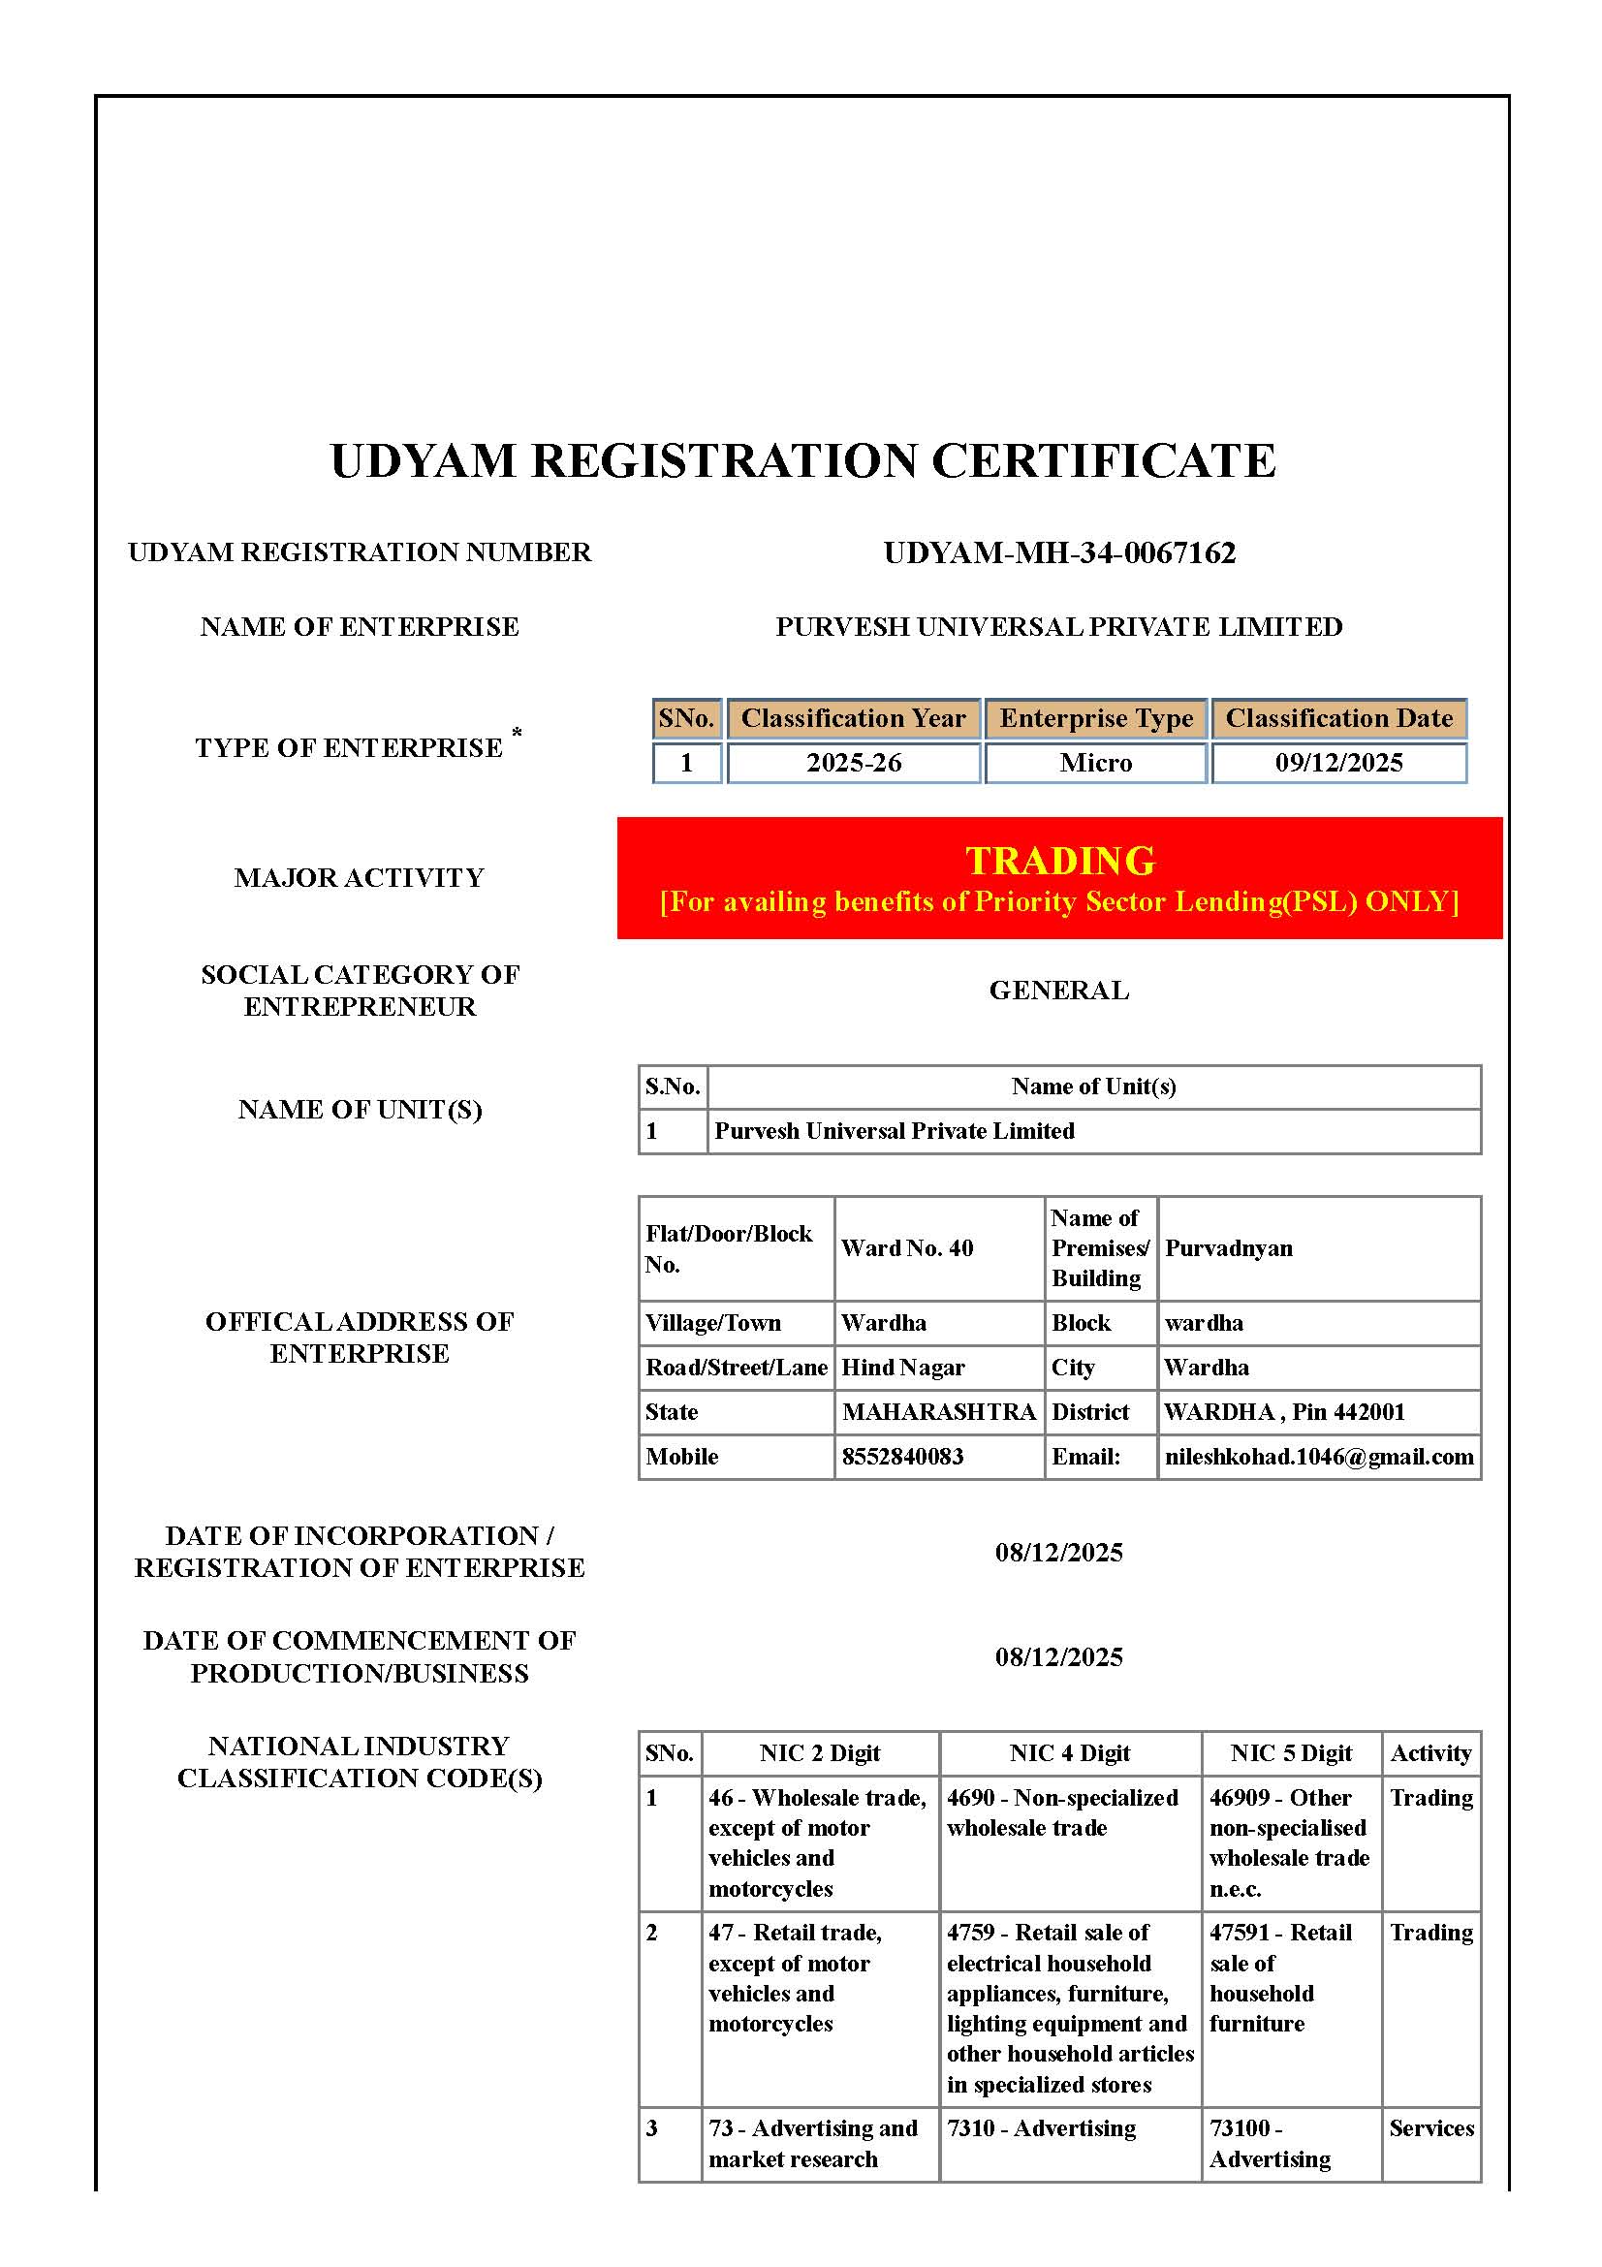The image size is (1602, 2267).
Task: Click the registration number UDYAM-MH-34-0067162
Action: (1058, 551)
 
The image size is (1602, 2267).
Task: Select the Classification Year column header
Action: (853, 718)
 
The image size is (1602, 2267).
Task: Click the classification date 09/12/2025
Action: (1337, 762)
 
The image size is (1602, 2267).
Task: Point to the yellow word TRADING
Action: (1059, 860)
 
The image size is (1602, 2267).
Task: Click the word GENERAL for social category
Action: (1058, 991)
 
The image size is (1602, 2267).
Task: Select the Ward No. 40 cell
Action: (906, 1248)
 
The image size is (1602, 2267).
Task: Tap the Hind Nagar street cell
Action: (902, 1368)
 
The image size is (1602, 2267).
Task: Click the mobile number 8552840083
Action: (902, 1457)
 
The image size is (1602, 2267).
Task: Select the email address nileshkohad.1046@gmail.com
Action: (1318, 1457)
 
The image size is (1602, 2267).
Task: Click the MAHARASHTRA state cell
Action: (938, 1412)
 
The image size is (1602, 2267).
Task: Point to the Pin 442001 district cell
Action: (1283, 1412)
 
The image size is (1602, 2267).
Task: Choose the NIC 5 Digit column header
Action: (1290, 1752)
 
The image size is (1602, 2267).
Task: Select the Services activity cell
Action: (1430, 2127)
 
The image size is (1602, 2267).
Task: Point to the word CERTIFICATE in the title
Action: (1103, 461)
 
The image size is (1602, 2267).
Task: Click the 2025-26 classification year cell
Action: (853, 762)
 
